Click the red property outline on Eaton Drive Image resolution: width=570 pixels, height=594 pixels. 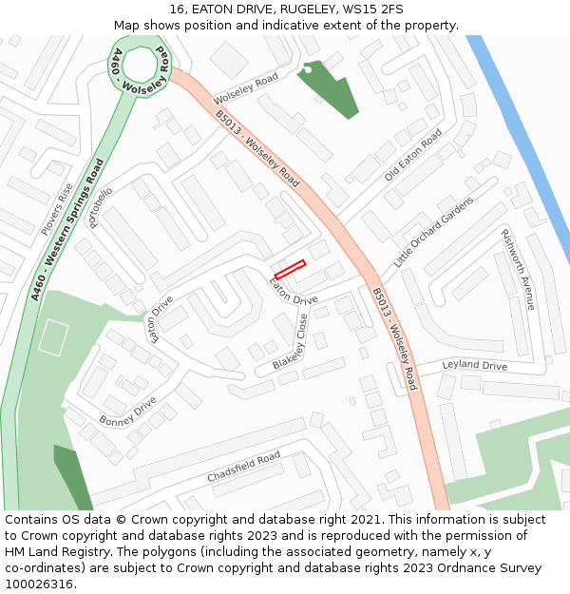coord(290,269)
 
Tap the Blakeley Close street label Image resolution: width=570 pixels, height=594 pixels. coord(291,343)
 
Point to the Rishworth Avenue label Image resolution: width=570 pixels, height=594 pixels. coord(519,269)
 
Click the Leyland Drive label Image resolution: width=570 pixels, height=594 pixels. coord(475,366)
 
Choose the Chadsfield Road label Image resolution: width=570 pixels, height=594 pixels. coord(244,467)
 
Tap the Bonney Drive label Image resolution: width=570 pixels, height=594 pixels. coord(127,411)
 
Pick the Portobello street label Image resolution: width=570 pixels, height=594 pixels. coord(101,207)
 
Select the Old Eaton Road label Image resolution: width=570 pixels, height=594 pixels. coord(413,157)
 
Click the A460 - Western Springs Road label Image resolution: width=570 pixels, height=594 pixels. coord(66,229)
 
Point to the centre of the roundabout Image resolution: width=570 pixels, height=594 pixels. coord(139,66)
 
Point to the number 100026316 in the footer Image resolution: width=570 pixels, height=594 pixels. coord(39,584)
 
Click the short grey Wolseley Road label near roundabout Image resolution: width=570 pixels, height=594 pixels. coord(246,88)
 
